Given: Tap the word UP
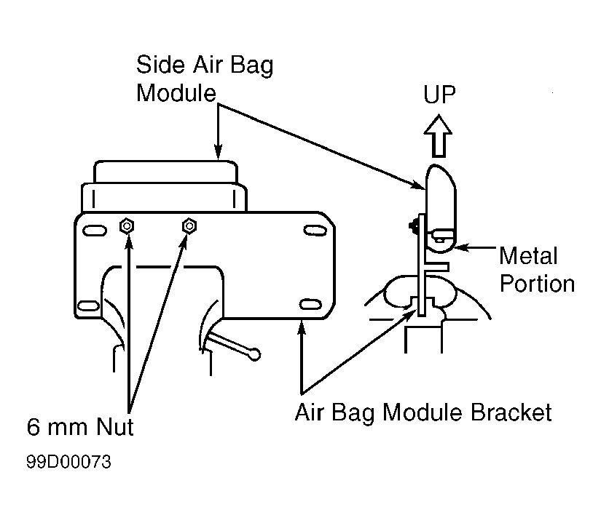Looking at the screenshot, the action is point(439,94).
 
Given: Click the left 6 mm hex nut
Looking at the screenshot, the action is point(127,226).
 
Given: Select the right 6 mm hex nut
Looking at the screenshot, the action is point(189,225).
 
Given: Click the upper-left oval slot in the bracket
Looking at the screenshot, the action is point(95,231).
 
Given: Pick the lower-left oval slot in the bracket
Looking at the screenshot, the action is point(89,306).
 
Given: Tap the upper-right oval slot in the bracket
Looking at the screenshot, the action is point(315,231).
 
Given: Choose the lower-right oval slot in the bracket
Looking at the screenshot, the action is point(310,305).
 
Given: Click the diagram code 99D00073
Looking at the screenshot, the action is point(69,462).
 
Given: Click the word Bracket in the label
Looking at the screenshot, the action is point(511,412).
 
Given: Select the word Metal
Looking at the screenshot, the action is point(528,255).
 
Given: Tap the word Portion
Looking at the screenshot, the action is point(537,284).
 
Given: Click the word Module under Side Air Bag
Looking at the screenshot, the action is point(176,93).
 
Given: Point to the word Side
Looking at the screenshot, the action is point(160,64).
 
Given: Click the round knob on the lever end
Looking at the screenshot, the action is point(254,355).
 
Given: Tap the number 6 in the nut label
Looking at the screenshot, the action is point(34,426).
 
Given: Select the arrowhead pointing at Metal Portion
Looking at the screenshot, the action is point(459,247).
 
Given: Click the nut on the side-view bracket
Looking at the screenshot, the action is point(414,226).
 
